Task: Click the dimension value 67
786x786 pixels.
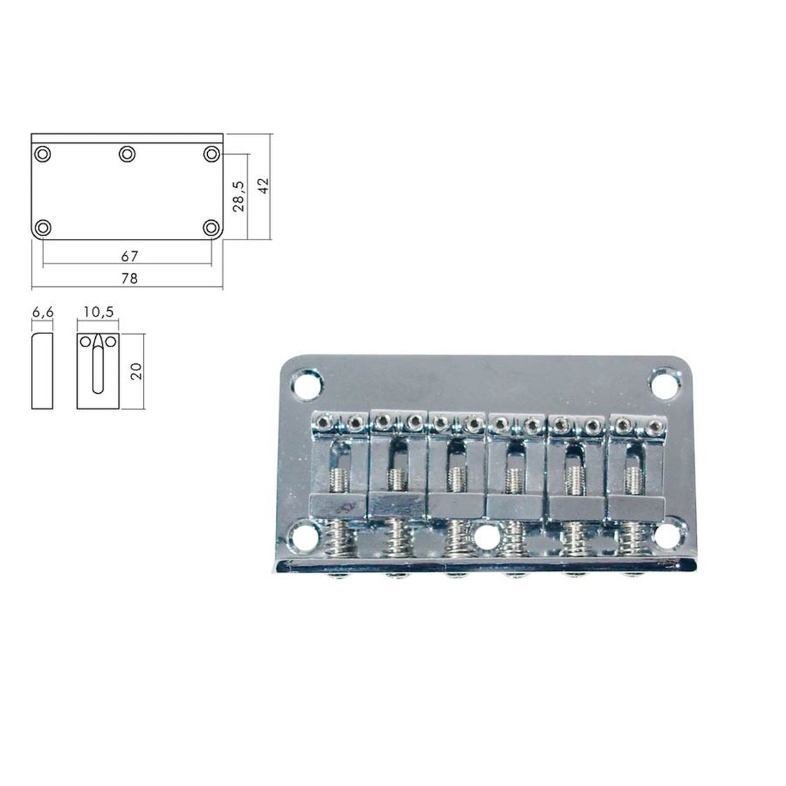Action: tap(129, 256)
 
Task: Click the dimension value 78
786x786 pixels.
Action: tap(129, 278)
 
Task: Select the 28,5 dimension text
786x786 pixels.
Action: tap(238, 196)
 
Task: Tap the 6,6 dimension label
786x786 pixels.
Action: tap(43, 312)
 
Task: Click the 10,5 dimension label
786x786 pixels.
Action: tap(98, 312)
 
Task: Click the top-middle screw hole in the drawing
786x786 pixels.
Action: tap(127, 154)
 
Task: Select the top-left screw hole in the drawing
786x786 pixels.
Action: tap(43, 154)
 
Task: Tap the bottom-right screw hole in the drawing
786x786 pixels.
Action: tap(211, 228)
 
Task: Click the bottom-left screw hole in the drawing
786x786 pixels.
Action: tap(43, 228)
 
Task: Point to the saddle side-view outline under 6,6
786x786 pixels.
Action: tap(43, 371)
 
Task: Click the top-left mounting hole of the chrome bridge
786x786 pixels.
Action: tap(308, 383)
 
